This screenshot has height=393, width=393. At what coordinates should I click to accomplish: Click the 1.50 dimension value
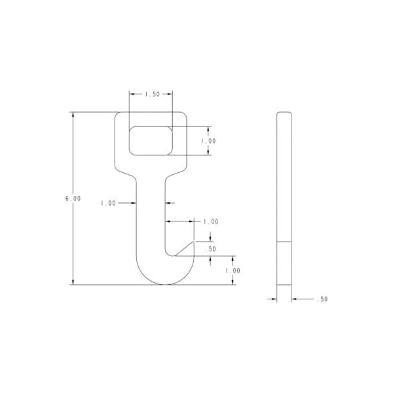click(x=151, y=94)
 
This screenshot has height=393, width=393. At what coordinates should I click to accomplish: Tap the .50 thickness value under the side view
click(x=322, y=299)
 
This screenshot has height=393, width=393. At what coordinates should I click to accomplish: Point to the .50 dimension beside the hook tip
click(x=210, y=250)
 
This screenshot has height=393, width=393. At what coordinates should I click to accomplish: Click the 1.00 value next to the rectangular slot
click(x=208, y=141)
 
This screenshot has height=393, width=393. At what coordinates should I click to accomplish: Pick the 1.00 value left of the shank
click(x=108, y=203)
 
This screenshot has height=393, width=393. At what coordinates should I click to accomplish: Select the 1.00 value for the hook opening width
click(x=211, y=221)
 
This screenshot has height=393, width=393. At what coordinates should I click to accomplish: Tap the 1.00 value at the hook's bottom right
click(x=233, y=271)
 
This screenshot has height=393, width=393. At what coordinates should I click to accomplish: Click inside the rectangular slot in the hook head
click(x=151, y=141)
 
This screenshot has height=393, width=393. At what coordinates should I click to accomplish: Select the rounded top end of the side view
click(x=284, y=115)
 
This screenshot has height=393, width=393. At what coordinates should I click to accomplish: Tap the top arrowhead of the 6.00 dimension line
click(x=73, y=116)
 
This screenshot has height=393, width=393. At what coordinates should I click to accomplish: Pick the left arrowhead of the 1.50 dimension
click(x=132, y=94)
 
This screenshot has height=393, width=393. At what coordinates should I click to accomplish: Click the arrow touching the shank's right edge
click(x=168, y=203)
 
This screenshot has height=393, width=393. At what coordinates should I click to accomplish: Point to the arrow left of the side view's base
click(x=272, y=299)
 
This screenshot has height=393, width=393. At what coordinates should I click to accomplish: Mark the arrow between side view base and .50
click(x=295, y=299)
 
